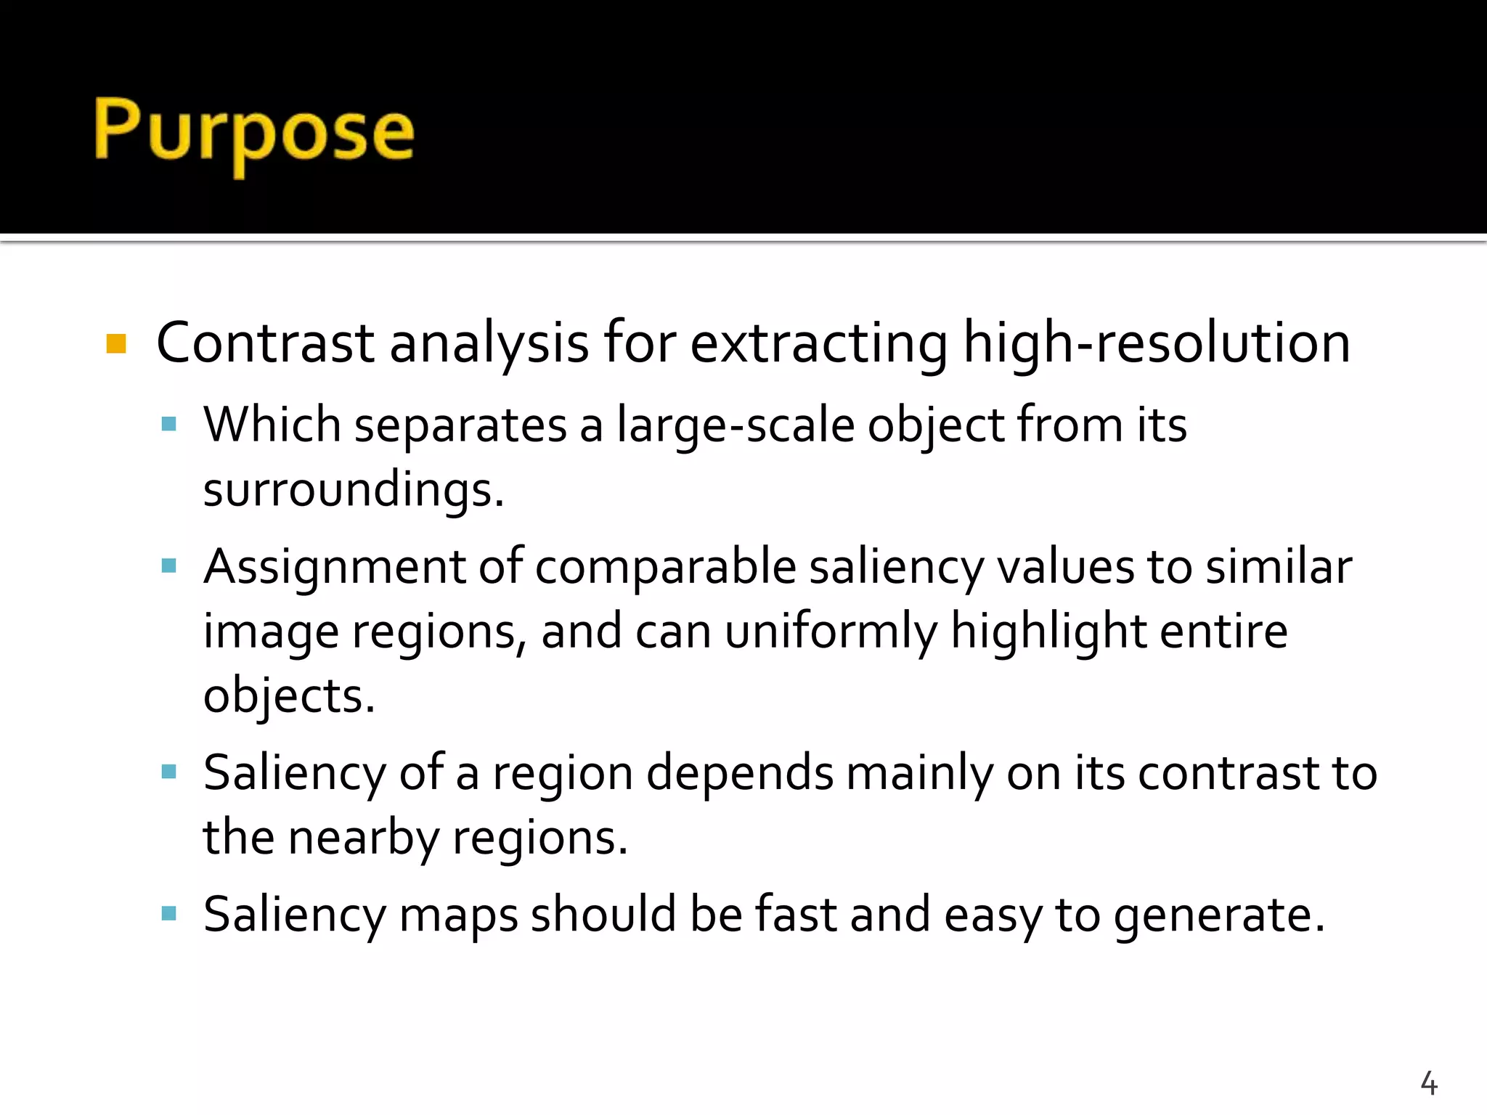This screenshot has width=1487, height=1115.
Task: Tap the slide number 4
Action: (1428, 1083)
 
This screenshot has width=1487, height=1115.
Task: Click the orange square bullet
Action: (116, 343)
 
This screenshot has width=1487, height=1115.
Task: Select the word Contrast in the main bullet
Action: (265, 343)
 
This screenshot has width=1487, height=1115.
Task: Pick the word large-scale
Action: (736, 425)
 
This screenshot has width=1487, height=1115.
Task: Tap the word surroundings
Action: (353, 490)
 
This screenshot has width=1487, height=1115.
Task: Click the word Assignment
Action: (334, 567)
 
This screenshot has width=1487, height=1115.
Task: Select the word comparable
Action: (666, 567)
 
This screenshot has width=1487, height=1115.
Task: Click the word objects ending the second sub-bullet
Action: (288, 696)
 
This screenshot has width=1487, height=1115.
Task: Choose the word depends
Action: (739, 773)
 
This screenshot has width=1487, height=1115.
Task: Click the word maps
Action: (458, 915)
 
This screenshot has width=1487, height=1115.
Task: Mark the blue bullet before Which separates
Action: (169, 425)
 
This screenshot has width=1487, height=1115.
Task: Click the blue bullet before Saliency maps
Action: (169, 913)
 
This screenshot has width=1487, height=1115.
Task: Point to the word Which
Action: (272, 425)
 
